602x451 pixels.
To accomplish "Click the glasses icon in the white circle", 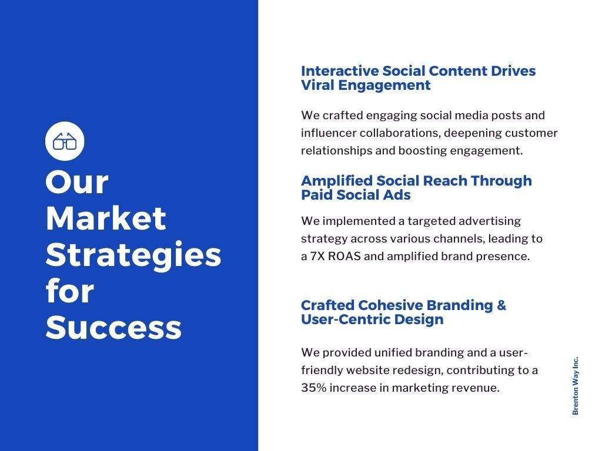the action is pyautogui.click(x=65, y=141).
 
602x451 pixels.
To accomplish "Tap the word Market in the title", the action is pyautogui.click(x=106, y=218).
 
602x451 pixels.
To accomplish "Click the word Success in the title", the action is pyautogui.click(x=113, y=328).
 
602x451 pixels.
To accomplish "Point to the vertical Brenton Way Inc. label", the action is pyautogui.click(x=575, y=386).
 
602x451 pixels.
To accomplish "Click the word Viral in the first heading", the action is pyautogui.click(x=317, y=85).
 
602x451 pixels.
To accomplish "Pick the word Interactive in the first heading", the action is pyautogui.click(x=340, y=71).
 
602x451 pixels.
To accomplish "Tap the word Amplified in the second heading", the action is pyautogui.click(x=337, y=181).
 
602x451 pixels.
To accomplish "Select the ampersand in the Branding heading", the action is pyautogui.click(x=501, y=305).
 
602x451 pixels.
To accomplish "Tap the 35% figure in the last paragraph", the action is pyautogui.click(x=314, y=388).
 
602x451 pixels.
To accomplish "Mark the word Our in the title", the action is pyautogui.click(x=77, y=182).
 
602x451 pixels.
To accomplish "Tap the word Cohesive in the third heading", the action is pyautogui.click(x=390, y=305).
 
